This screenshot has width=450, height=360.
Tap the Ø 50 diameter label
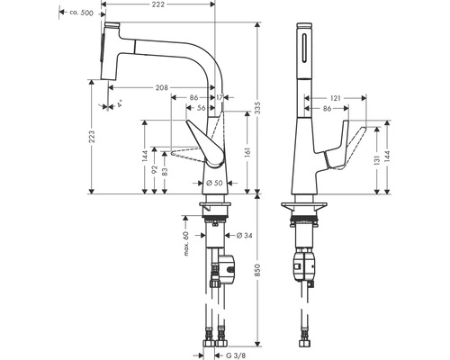click(x=214, y=184)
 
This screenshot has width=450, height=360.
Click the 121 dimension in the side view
click(x=333, y=95)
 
